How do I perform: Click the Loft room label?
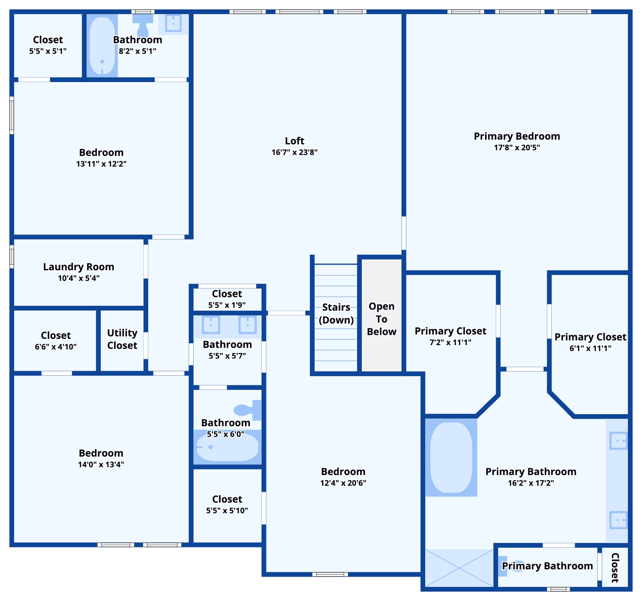[x=294, y=141]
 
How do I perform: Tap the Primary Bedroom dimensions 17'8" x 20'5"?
[x=517, y=148]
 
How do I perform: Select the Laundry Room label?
[x=79, y=267]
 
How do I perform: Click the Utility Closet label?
[x=122, y=339]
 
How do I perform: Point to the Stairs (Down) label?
[x=336, y=313]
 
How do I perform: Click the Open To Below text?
[x=382, y=319]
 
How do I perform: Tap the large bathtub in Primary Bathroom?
[x=451, y=457]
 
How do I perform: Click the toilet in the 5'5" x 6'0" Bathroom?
[x=247, y=410]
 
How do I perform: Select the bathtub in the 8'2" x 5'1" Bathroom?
[x=102, y=45]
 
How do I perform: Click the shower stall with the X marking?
[x=459, y=568]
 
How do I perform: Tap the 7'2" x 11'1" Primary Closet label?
[x=450, y=331]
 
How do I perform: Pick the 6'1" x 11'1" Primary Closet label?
[x=590, y=337]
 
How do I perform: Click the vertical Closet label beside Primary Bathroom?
[x=615, y=568]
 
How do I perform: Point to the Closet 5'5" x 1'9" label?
[x=227, y=294]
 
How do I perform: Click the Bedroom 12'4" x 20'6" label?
[x=343, y=472]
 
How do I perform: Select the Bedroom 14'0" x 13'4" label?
[x=101, y=453]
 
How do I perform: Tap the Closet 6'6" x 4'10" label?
[x=56, y=336]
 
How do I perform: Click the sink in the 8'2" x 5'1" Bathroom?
[x=173, y=23]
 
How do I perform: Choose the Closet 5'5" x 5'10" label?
[x=227, y=500]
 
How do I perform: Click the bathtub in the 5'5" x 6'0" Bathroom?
[x=227, y=447]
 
